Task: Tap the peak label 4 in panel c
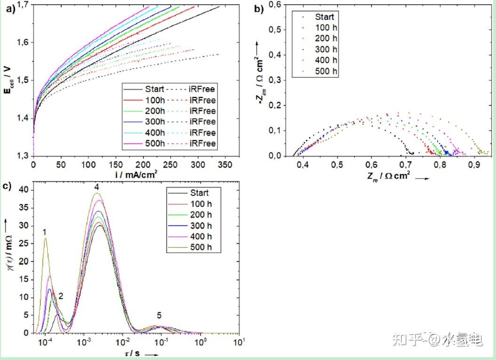click(96, 187)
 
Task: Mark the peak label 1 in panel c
click(44, 232)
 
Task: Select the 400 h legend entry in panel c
click(201, 237)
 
